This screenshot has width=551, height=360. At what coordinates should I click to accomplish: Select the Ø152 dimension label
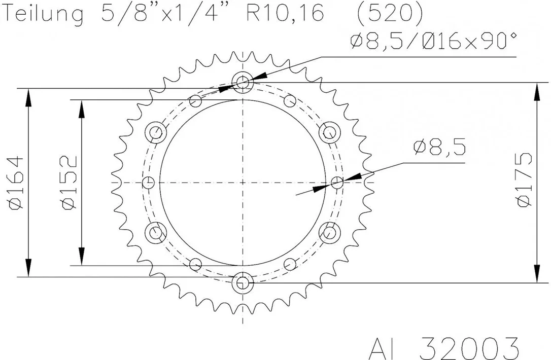click(69, 183)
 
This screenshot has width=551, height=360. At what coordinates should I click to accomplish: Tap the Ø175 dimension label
click(524, 179)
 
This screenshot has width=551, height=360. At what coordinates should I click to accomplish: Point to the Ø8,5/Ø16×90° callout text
click(434, 41)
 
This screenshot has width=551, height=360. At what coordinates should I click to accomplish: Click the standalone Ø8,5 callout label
click(439, 147)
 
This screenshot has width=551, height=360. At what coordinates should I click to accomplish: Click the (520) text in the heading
click(390, 13)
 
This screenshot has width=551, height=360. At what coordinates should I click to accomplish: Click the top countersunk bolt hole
click(243, 83)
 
